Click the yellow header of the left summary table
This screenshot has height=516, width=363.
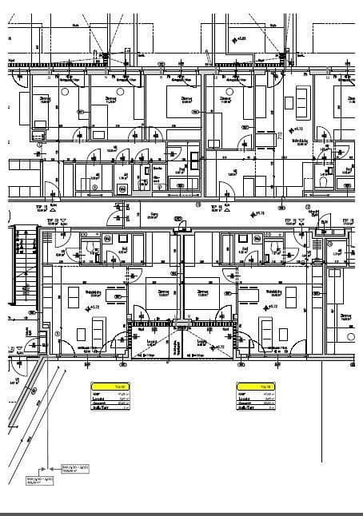[x=110, y=385]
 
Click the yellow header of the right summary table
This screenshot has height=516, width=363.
[x=256, y=385]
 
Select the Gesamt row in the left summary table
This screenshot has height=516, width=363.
[x=110, y=402]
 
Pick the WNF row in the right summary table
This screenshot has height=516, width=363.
[x=256, y=392]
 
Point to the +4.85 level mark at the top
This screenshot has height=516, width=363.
[x=240, y=38]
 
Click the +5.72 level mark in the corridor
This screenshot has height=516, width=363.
[x=257, y=213]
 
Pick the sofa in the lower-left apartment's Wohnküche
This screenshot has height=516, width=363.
[x=99, y=329]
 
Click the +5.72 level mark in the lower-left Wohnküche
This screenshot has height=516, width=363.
[x=92, y=306]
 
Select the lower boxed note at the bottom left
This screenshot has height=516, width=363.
[x=38, y=478]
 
